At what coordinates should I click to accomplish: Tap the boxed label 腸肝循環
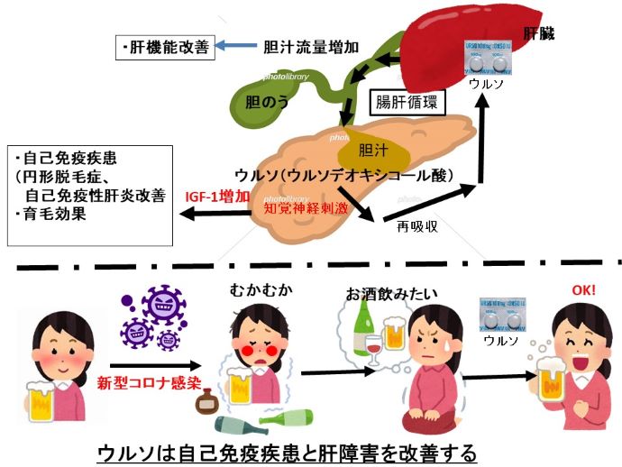click(407, 102)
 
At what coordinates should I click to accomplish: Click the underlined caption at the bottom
click(311, 450)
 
